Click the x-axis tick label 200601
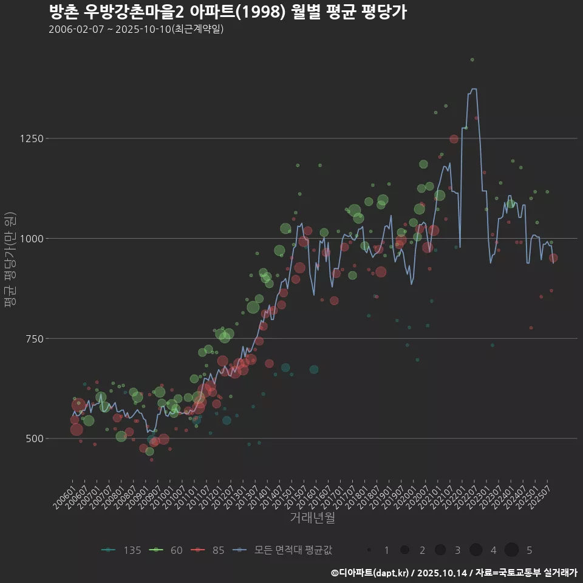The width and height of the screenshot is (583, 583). (64, 494)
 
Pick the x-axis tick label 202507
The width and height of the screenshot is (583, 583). (542, 494)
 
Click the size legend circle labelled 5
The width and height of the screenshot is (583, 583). (511, 550)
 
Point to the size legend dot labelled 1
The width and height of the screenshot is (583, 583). (369, 550)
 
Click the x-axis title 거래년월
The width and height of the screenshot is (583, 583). (312, 518)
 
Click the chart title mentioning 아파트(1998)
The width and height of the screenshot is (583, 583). (227, 12)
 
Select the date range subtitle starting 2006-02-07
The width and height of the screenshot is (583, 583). (136, 29)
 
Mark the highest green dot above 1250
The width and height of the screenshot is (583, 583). (472, 60)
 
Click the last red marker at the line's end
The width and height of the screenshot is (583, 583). (553, 258)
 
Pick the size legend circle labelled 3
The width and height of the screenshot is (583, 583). (440, 550)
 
